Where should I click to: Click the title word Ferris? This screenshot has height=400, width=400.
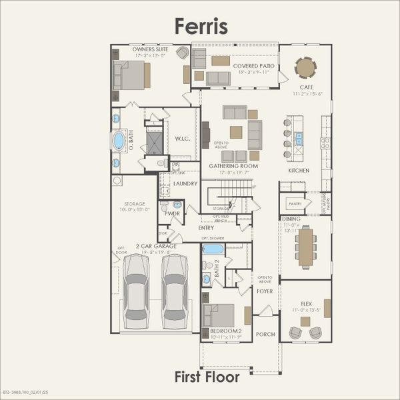click(x=201, y=25)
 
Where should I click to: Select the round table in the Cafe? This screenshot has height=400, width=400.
click(x=305, y=67)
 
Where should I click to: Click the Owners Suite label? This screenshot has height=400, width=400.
click(x=149, y=49)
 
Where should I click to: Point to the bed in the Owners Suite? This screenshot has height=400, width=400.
click(x=130, y=75)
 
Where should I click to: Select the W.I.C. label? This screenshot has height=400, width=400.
click(x=183, y=139)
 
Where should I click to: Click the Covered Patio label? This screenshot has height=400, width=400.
click(x=254, y=65)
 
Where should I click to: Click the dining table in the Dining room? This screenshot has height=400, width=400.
click(x=306, y=247)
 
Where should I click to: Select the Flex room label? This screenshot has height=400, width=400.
click(x=306, y=304)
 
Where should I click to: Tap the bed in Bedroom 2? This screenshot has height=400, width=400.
click(x=219, y=315)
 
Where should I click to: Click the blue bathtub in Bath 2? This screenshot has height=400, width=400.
click(x=213, y=249)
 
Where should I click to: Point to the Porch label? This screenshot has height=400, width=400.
click(x=265, y=335)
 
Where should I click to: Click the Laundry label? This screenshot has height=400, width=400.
click(x=185, y=183)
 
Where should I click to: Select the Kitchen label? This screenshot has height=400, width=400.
click(x=298, y=171)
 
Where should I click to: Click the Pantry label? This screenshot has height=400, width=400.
click(x=294, y=203)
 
